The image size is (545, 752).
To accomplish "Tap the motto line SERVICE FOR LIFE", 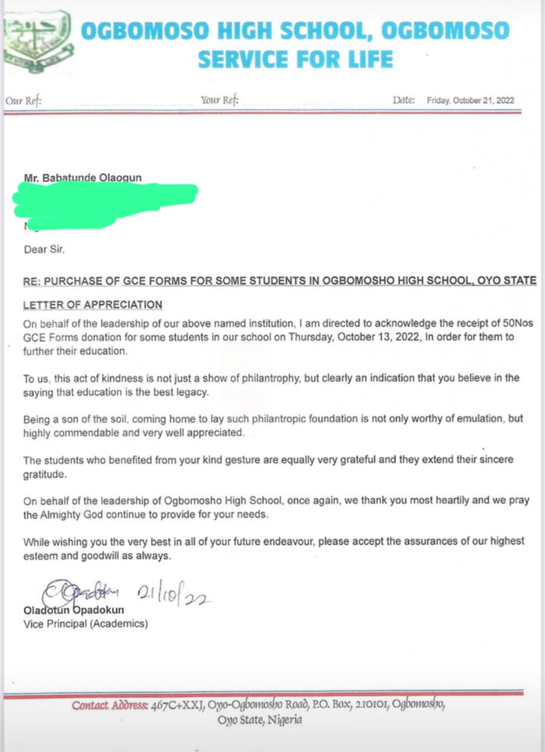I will coord(295,59).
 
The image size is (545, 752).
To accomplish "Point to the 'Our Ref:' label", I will coord(23,101).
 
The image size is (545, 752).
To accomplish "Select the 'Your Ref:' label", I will coord(219,100).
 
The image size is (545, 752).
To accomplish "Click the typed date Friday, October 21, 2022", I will coord(470,100).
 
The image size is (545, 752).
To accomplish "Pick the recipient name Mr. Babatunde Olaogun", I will coord(82,177).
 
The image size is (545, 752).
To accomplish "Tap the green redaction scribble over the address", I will coord(106,203).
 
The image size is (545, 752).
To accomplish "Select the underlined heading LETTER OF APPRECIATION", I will coord(92,305).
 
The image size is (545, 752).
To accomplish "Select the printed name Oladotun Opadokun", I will coord(73,611).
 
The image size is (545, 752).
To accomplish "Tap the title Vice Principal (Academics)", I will coord(85,624).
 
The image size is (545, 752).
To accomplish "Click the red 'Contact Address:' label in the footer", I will coord(109,706).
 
